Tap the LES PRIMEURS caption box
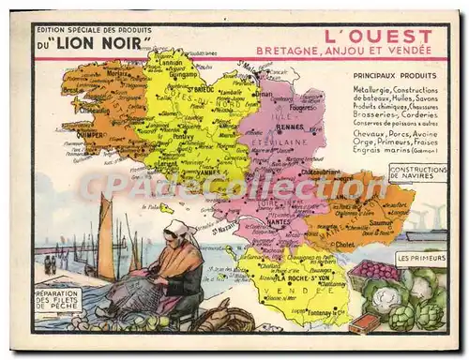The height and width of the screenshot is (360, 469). [420, 256]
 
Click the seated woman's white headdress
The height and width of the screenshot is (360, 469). [178, 229]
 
